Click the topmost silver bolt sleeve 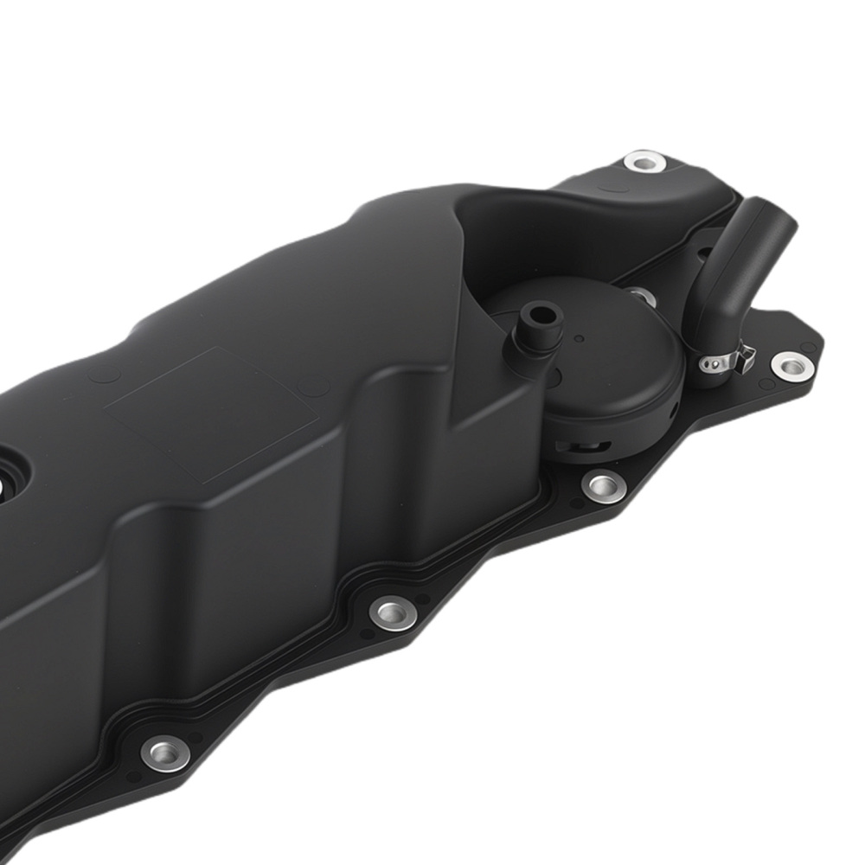click(x=644, y=162)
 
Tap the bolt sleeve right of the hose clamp click(x=791, y=365)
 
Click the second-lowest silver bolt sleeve click(x=393, y=612)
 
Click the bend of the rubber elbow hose click(x=722, y=285)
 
